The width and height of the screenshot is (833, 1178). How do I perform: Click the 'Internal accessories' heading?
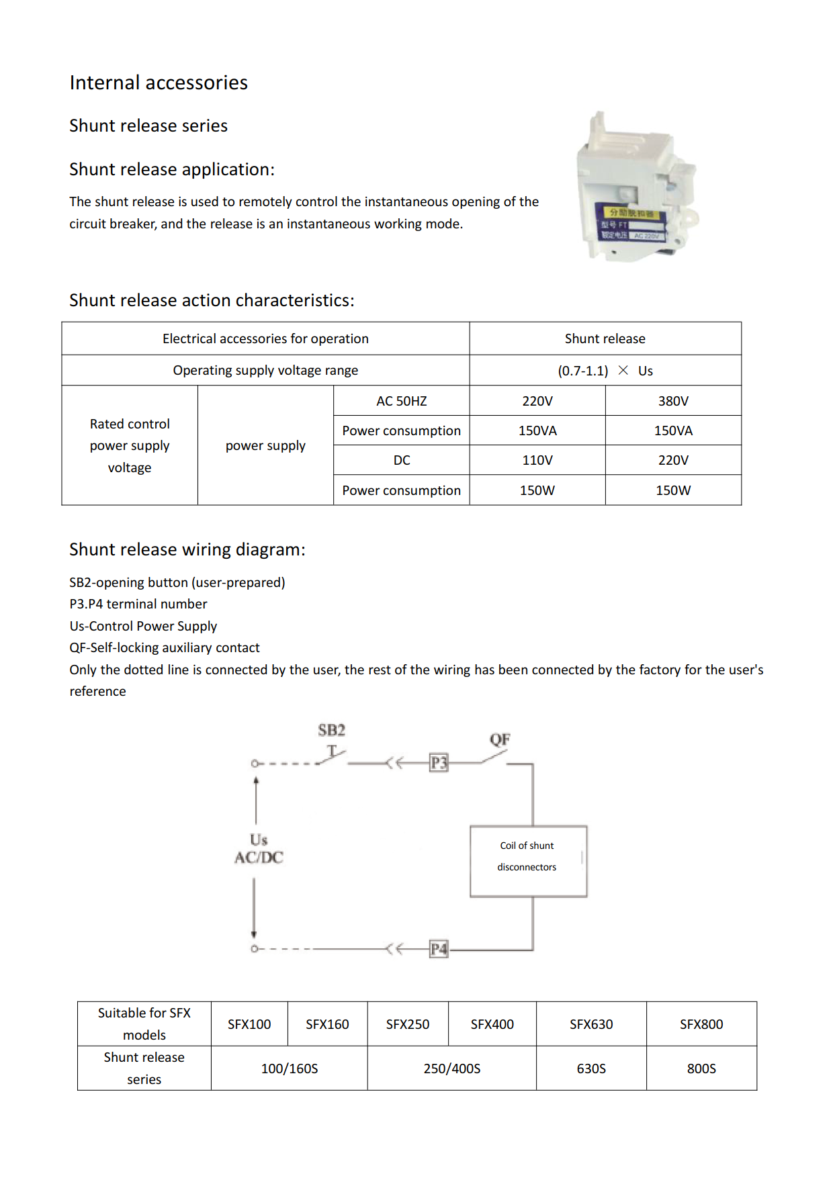159,83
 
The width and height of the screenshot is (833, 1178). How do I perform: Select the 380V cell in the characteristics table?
673,401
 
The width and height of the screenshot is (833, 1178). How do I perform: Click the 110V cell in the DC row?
537,460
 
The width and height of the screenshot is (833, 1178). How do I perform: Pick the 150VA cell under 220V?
537,431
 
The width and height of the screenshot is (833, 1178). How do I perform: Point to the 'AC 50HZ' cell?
402,401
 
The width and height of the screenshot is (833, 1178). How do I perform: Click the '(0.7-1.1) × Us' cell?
605,371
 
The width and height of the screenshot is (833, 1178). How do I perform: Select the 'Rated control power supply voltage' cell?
130,445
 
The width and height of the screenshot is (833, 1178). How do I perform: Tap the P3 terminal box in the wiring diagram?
439,763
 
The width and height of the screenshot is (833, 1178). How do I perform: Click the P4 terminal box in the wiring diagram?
439,949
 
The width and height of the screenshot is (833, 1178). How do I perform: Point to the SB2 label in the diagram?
332,730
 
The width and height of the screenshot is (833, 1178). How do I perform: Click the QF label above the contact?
500,739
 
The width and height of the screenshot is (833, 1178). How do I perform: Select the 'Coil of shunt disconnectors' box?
529,861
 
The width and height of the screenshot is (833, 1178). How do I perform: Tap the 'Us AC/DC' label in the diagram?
259,848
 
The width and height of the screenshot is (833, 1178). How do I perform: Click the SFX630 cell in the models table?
591,1024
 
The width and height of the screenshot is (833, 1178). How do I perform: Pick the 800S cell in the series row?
701,1069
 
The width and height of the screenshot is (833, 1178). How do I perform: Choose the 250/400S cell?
452,1069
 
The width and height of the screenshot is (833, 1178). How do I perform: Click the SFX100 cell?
249,1024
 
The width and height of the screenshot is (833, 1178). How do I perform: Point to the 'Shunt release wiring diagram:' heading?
187,549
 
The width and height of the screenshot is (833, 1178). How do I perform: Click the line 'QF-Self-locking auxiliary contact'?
165,647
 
